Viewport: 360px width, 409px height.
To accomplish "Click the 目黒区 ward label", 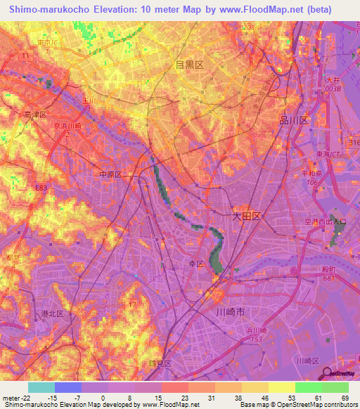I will coord(189,65).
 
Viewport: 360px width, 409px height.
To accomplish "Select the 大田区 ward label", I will coord(247,217).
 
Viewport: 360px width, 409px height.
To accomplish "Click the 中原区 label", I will coord(110,174).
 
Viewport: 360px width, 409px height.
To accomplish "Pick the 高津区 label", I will coord(34,114).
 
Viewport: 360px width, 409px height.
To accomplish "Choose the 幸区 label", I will coord(195,264).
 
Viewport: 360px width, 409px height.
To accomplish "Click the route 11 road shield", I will coord(26,54).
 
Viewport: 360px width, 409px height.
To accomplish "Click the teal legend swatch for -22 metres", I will coord(41,387).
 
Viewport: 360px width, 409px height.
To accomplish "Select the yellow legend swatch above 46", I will coord(256,387).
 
